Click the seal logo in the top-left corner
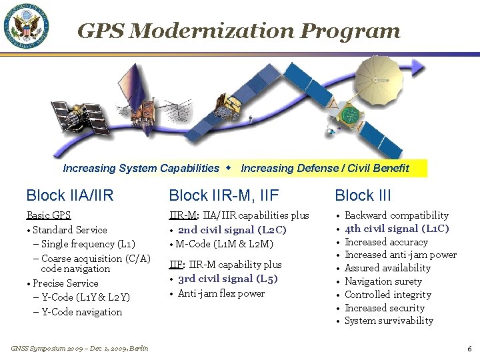27,27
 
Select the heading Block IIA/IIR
70,195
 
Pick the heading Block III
363,195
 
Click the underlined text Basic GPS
48,215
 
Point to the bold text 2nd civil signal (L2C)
232,230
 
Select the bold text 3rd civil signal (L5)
227,279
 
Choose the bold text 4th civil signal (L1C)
397,229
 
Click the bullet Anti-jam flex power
221,293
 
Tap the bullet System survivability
389,321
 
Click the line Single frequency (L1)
88,244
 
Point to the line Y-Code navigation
81,311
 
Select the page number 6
469,348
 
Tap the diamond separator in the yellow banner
230,168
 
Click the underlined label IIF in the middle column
176,265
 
